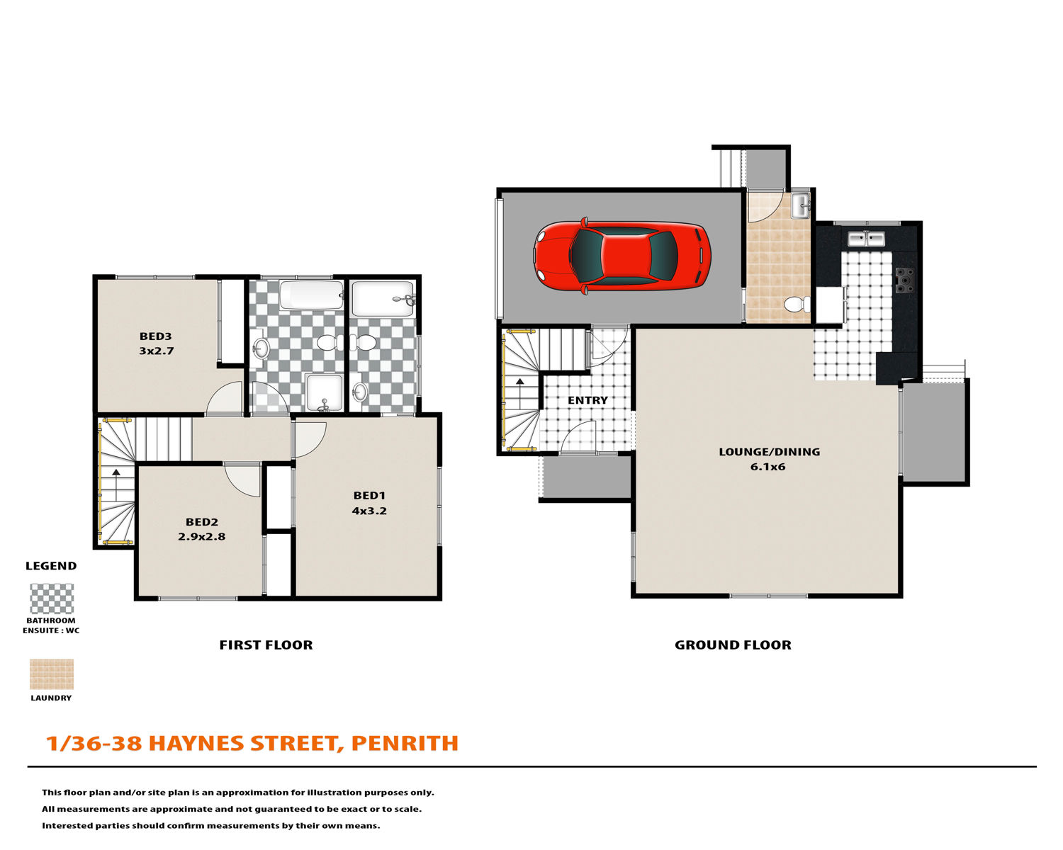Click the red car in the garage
pyautogui.click(x=622, y=255)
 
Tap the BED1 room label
pyautogui.click(x=369, y=495)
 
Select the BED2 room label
pyautogui.click(x=201, y=522)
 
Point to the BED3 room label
pyautogui.click(x=156, y=336)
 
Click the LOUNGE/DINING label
pyautogui.click(x=769, y=452)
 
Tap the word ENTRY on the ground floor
pyautogui.click(x=587, y=400)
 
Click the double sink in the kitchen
pyautogui.click(x=866, y=239)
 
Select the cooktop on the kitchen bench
pyautogui.click(x=905, y=280)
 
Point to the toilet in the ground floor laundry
pyautogui.click(x=797, y=305)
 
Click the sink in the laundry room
pyautogui.click(x=801, y=205)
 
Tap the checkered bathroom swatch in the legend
pyautogui.click(x=52, y=599)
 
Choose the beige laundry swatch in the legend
pyautogui.click(x=52, y=674)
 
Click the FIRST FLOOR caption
pyautogui.click(x=266, y=645)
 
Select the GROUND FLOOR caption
pyautogui.click(x=733, y=645)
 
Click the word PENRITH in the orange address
pyautogui.click(x=405, y=743)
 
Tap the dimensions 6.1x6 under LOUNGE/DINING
pyautogui.click(x=767, y=467)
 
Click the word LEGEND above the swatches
pyautogui.click(x=51, y=566)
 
